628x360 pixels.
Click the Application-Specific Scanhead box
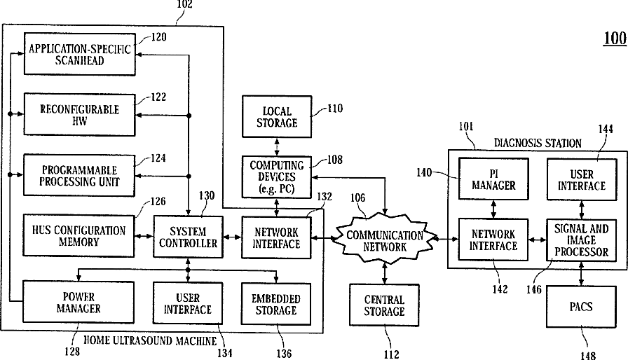79,53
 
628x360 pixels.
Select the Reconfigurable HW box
79,115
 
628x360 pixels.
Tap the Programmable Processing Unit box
79,176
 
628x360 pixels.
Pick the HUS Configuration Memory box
79,235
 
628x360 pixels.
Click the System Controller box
187,236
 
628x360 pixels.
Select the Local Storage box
280,116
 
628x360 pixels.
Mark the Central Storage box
384,305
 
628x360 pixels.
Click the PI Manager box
493,179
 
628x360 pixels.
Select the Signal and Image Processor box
581,239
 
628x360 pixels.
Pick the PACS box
581,307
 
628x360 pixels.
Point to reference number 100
614,39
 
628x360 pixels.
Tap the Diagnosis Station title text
538,143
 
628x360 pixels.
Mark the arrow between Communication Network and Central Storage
384,272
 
